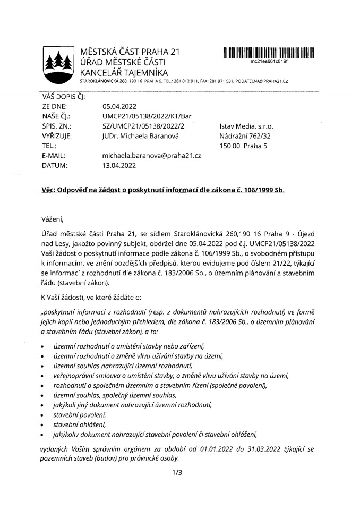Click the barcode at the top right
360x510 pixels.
click(x=269, y=53)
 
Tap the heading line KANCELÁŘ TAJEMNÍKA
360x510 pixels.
click(x=123, y=72)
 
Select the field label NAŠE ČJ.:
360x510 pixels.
click(x=56, y=116)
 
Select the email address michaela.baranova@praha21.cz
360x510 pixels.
click(x=151, y=156)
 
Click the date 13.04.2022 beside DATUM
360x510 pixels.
click(x=119, y=165)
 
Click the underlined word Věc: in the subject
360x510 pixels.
click(x=50, y=190)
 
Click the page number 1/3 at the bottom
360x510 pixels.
click(x=177, y=472)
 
